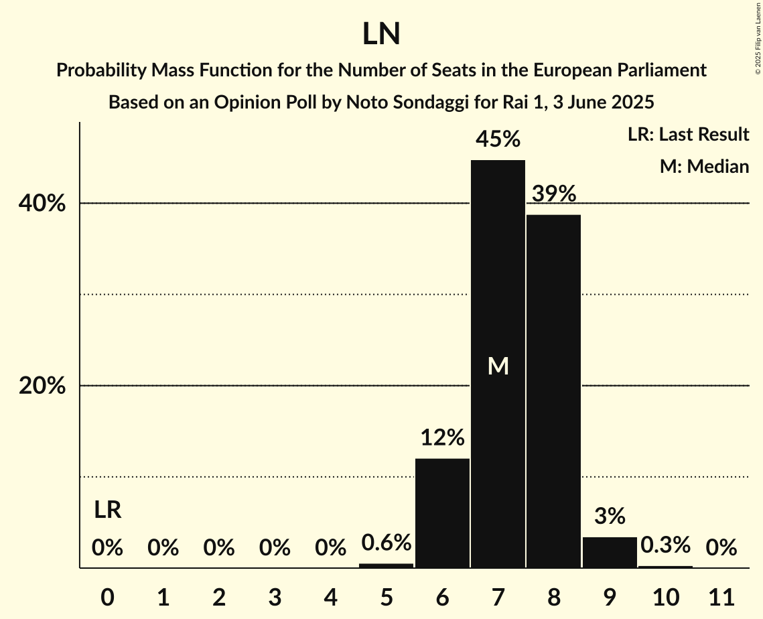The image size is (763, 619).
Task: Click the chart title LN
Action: [x=381, y=34]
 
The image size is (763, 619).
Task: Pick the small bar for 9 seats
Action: [x=610, y=553]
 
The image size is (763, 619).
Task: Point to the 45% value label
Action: [x=498, y=139]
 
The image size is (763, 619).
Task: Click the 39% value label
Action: [x=554, y=194]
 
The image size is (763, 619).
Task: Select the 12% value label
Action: [x=442, y=438]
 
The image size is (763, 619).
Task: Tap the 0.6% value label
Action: [x=387, y=543]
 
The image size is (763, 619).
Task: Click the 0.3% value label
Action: [x=665, y=545]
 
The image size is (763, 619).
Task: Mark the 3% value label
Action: [x=610, y=517]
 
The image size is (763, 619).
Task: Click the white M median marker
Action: [x=498, y=366]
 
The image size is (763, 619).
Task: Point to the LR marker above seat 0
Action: [x=107, y=510]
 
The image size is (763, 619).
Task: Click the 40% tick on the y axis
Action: [x=42, y=204]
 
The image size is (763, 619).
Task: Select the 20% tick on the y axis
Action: [x=42, y=387]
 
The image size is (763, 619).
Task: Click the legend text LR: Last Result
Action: [x=688, y=135]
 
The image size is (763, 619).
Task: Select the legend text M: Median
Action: [x=704, y=166]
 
